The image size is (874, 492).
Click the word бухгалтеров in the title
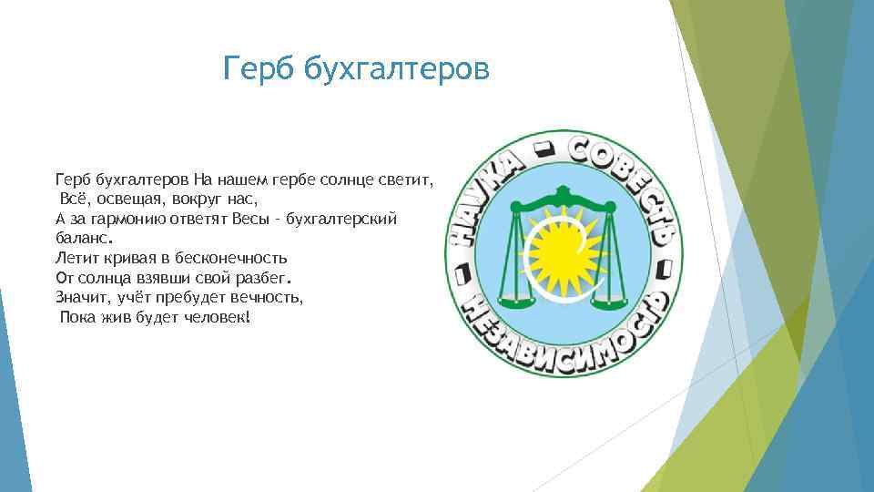coord(396,68)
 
